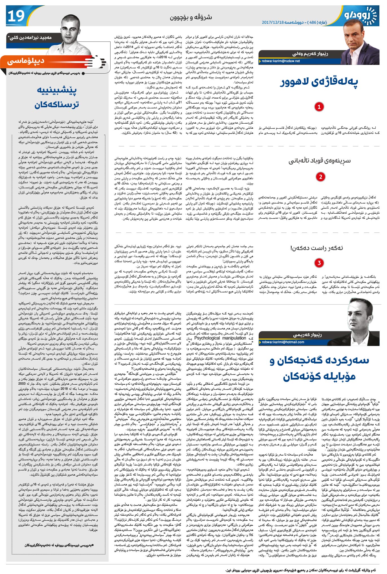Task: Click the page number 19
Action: pos(16,16)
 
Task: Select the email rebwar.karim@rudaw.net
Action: pos(281,61)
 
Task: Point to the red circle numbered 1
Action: pos(319,107)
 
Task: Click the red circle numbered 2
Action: pos(320,177)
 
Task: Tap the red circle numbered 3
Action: pos(319,263)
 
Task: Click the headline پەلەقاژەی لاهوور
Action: pos(319,82)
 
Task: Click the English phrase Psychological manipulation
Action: pos(220,338)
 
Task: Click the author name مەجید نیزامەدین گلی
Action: pos(30,37)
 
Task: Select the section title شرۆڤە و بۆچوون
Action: pos(191,18)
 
